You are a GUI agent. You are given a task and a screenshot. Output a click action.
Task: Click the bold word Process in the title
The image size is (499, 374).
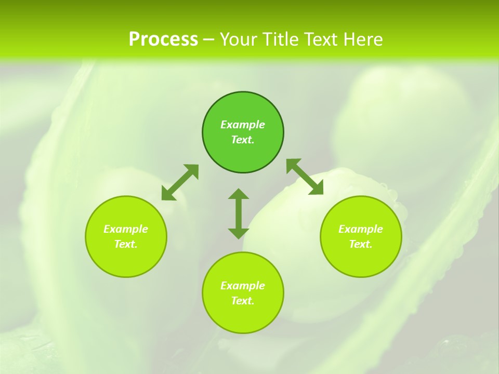coord(163,39)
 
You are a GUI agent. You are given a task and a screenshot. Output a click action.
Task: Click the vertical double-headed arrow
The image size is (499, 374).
coord(239,213)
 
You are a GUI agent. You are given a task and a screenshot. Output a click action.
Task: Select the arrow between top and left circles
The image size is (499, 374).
coord(180,182)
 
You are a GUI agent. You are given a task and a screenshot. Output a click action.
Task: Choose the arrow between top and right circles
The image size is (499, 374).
coord(305,177)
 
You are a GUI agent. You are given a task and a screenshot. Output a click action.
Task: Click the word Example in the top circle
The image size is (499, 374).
coord(243,125)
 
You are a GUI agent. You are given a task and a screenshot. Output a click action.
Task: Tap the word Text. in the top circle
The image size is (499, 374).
coord(243,140)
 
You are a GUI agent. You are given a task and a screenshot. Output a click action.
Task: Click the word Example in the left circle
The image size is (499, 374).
coord(126,229)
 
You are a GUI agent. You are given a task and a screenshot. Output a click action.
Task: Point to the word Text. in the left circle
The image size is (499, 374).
coord(126,244)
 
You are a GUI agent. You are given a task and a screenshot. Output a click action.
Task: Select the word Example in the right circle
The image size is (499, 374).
coord(361,229)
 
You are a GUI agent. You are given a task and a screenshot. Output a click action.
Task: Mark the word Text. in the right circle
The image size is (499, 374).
coord(361,244)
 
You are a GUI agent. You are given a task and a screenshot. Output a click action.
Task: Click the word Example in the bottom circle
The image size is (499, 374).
coord(243,286)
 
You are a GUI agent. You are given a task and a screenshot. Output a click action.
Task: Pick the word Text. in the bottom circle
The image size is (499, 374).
coord(243,301)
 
